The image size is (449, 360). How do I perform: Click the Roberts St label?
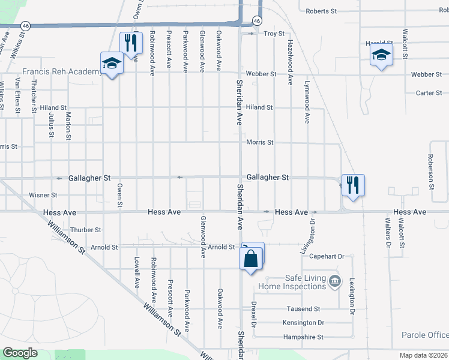click(323, 11)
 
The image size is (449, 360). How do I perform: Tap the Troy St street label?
click(274, 34)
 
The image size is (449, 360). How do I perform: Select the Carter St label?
click(429, 93)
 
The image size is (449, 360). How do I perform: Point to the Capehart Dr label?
click(327, 256)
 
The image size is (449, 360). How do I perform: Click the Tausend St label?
click(304, 308)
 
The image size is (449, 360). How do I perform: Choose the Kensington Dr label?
click(303, 323)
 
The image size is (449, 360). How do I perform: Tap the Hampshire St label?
click(303, 337)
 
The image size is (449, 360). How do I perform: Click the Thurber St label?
click(86, 230)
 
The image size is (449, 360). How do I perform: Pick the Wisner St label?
click(43, 195)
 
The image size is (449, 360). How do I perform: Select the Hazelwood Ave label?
click(290, 62)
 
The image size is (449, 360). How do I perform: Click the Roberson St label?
click(430, 170)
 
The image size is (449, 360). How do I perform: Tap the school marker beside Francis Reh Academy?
click(112, 63)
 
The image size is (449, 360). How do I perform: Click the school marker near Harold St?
click(381, 56)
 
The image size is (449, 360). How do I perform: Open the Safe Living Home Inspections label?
click(297, 282)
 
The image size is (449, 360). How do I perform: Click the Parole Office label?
click(426, 335)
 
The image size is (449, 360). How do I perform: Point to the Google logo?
click(20, 353)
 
